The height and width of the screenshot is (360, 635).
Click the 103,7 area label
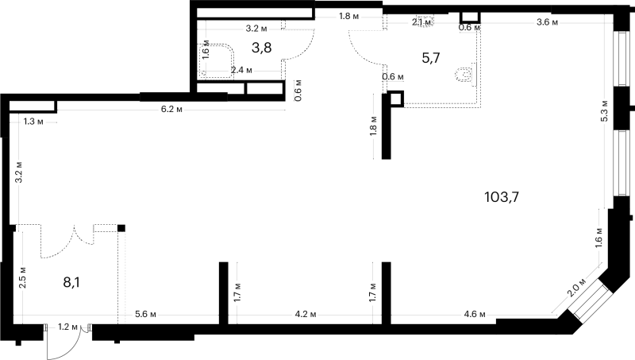point(502,197)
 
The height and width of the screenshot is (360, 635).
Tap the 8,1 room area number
point(71,282)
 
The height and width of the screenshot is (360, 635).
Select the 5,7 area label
point(431,58)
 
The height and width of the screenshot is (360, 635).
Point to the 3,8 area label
point(262,48)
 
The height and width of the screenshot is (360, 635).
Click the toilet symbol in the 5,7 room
point(465,75)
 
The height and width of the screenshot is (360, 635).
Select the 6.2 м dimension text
point(171,110)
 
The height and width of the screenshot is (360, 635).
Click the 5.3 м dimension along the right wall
point(605,110)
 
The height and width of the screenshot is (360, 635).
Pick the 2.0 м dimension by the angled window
point(576,288)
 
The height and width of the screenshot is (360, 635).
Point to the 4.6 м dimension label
point(475,314)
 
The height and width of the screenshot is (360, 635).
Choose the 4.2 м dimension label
point(306,314)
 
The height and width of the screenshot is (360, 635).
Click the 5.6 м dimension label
point(145,314)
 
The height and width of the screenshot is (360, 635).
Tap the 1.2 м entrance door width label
point(67,327)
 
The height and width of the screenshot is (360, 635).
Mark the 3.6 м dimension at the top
point(547,22)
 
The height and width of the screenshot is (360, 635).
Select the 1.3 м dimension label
point(33,122)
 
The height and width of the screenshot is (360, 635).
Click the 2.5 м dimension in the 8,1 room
point(23,277)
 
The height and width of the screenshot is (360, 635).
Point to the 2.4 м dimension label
point(241,70)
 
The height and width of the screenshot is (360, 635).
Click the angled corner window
point(589,300)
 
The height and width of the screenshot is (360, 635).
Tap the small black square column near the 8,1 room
point(121,228)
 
